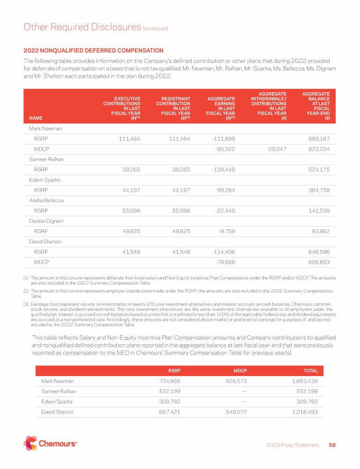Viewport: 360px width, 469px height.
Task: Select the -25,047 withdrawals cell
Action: (274, 149)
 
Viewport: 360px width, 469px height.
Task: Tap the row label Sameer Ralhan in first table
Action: (44, 159)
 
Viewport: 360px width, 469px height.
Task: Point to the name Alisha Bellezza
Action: (43, 200)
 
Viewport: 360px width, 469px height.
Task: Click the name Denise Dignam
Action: (43, 221)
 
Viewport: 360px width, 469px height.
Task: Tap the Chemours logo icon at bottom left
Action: (30, 443)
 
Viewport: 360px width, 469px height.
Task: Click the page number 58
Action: (332, 445)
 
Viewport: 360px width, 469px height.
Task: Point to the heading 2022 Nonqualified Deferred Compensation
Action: (93, 51)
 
